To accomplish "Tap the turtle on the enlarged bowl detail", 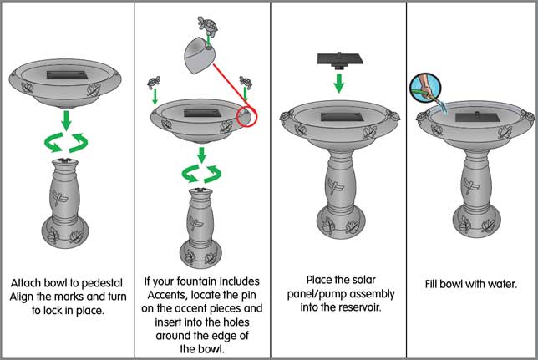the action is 207,25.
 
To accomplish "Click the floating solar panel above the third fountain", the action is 340,59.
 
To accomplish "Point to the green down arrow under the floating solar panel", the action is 339,83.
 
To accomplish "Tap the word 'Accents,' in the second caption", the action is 167,295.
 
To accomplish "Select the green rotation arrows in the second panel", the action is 202,174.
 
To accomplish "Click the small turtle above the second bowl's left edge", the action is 154,83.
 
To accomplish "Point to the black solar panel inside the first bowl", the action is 67,75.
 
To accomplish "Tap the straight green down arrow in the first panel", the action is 66,120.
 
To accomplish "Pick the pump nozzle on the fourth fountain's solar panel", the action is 476,113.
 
